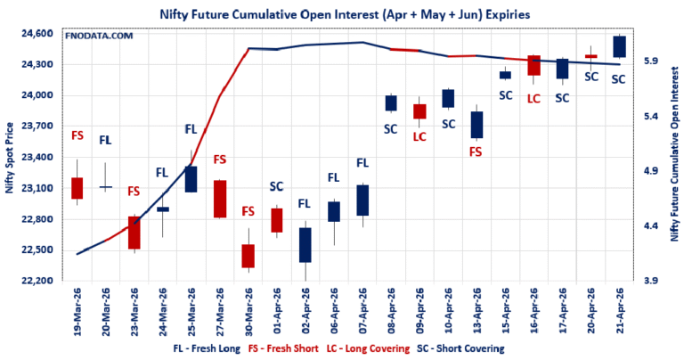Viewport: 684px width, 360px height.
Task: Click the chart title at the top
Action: [342, 13]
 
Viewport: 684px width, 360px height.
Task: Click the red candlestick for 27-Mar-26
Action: [220, 199]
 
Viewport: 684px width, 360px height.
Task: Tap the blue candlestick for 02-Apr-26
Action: [305, 245]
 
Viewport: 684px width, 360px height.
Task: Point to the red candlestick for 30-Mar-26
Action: [248, 256]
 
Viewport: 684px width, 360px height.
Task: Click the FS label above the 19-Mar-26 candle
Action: [77, 135]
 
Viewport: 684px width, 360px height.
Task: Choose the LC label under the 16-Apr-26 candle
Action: [534, 98]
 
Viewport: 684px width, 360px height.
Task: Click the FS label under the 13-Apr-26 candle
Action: [476, 152]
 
